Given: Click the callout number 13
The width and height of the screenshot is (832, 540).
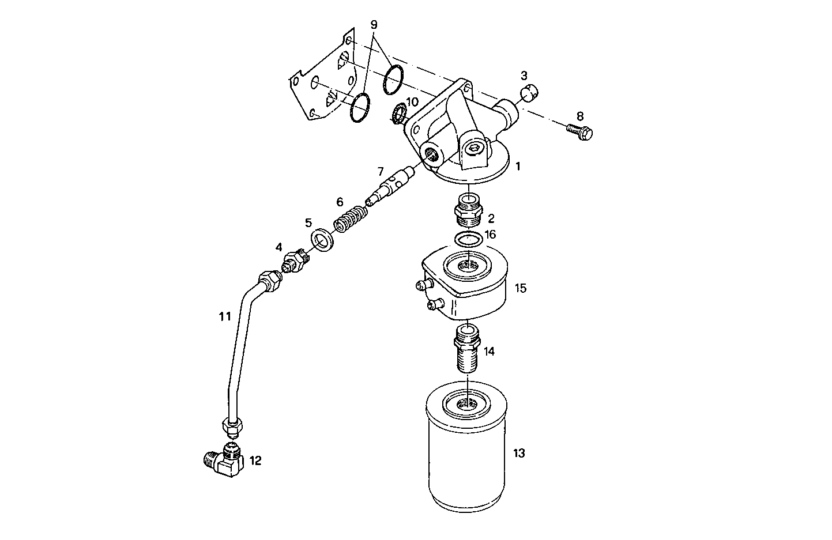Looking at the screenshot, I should [x=519, y=454].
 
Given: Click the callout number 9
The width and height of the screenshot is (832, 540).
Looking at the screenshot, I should [x=374, y=25].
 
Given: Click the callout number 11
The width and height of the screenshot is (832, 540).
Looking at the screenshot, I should [x=224, y=316].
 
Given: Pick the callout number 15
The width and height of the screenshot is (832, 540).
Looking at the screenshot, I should [x=520, y=288].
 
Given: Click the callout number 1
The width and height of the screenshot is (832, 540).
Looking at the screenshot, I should [x=518, y=167].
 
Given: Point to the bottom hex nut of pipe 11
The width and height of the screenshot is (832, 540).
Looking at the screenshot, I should [x=232, y=427].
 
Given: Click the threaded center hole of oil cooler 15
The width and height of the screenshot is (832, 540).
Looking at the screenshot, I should [x=468, y=267].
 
